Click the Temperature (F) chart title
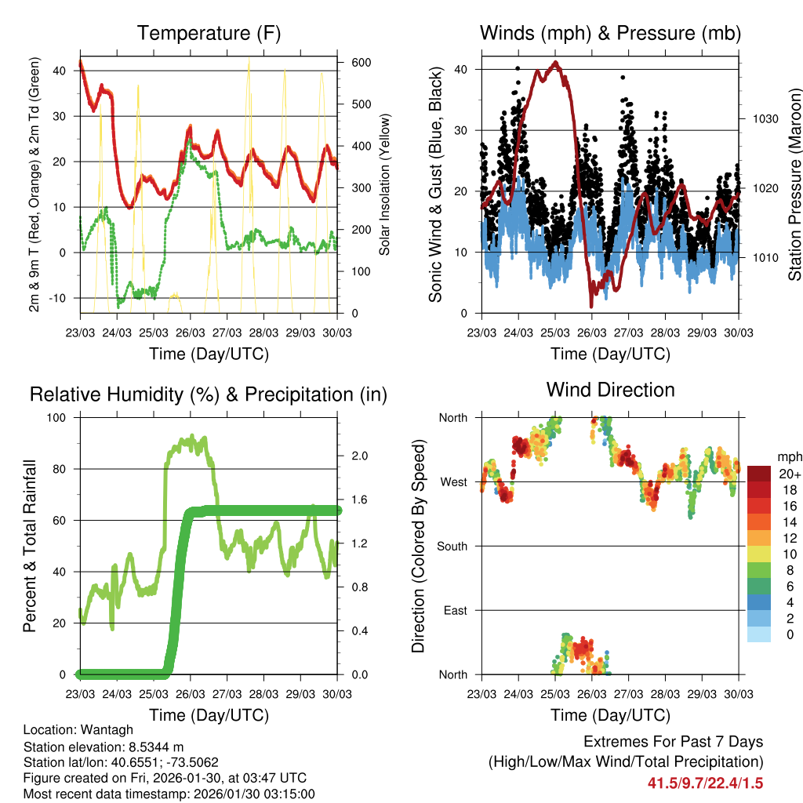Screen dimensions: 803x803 (x=209, y=34)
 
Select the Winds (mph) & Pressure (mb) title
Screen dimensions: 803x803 (x=610, y=34)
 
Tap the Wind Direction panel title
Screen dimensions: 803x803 (x=610, y=390)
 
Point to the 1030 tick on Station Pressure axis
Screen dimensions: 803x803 (x=764, y=119)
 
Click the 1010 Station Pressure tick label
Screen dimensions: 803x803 (x=764, y=257)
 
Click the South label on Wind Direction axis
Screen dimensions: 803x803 (x=452, y=546)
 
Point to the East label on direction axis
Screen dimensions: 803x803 (x=455, y=610)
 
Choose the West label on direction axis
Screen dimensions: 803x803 (x=453, y=481)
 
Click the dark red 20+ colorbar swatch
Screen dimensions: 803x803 (x=759, y=473)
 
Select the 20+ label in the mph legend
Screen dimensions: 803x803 (x=790, y=474)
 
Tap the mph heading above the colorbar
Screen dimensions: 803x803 (x=789, y=456)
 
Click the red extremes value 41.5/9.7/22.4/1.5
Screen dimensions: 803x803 (x=705, y=783)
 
